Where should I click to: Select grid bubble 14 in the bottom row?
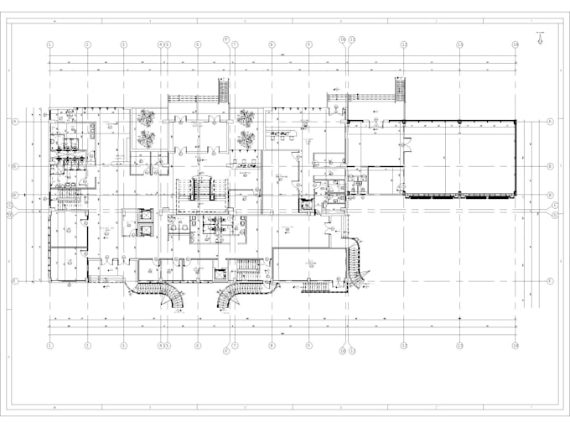coord(516,344)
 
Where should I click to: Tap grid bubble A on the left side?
coord(14,122)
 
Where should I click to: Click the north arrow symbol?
coord(541,36)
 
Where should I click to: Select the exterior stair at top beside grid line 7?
coord(224,89)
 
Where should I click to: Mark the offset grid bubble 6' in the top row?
coord(226,39)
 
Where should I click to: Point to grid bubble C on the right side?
coord(556,205)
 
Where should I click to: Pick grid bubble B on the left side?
coord(14,167)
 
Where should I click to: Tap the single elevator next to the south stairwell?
coord(220,274)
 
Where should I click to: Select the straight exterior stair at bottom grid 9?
coord(319,286)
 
